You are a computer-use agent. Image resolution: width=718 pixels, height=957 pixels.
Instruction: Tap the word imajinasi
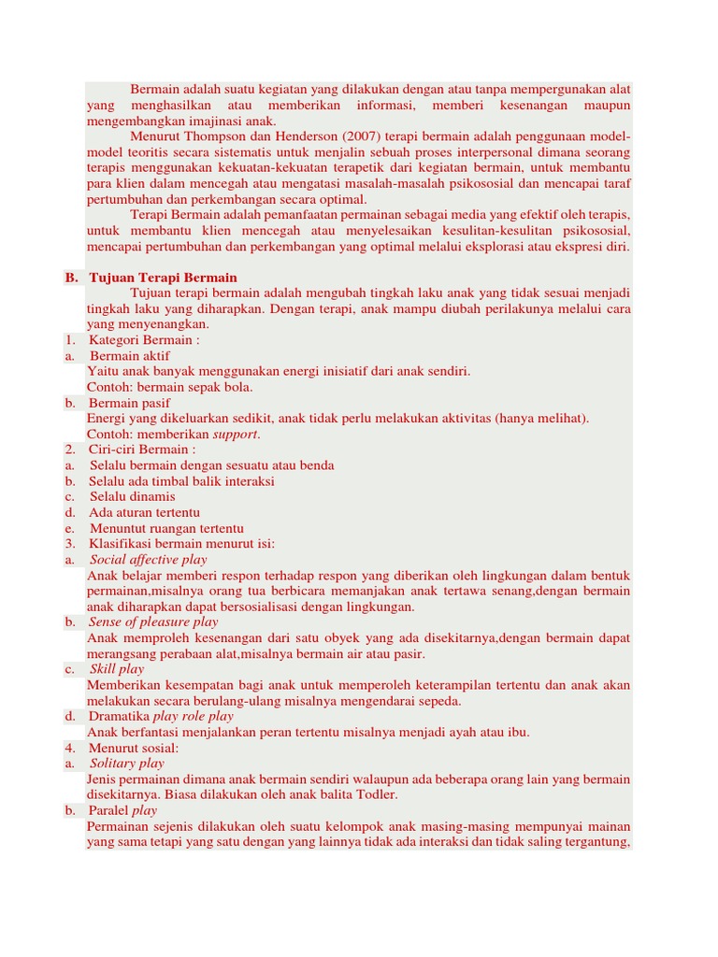click(225, 121)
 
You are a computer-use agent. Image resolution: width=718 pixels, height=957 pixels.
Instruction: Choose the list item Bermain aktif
click(130, 356)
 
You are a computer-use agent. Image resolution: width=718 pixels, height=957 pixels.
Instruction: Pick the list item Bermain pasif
click(130, 403)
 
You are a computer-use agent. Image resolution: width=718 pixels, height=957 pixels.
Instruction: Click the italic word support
click(237, 435)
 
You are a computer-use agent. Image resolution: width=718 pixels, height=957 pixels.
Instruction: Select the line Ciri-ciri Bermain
click(142, 450)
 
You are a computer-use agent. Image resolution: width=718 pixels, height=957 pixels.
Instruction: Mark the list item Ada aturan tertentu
click(145, 512)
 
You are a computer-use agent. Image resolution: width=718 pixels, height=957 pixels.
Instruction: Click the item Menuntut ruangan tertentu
click(166, 528)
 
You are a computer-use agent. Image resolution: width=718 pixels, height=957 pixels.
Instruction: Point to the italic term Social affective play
click(149, 560)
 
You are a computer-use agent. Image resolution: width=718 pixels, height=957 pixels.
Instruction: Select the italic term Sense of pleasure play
click(153, 621)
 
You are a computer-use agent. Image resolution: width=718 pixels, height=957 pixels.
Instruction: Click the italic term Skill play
click(117, 669)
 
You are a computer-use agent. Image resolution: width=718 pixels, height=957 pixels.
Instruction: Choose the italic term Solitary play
click(126, 764)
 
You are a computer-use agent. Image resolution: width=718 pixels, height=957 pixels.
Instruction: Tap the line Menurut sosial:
click(134, 748)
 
